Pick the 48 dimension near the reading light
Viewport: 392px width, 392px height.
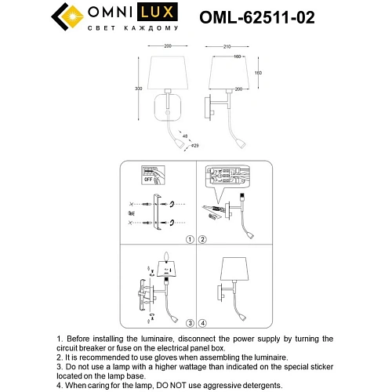coord(186,136)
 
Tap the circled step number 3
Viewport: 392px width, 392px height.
coord(189,322)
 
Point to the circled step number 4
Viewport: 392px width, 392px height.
coord(201,322)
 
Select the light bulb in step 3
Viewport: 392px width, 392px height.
coord(166,258)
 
